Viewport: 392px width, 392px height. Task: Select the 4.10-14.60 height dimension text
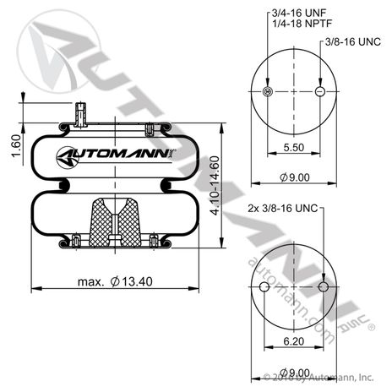(x=215, y=186)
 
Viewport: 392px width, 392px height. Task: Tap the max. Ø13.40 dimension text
(x=115, y=281)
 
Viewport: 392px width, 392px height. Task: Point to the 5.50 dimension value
(x=294, y=147)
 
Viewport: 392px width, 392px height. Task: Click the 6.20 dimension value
(x=294, y=341)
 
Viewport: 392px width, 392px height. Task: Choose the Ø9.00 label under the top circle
(x=295, y=177)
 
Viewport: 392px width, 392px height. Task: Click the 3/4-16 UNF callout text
(x=299, y=13)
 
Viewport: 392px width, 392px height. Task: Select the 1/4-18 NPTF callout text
(x=302, y=23)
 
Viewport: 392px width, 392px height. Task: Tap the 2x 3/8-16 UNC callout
(x=283, y=209)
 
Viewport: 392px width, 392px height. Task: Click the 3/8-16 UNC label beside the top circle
(x=353, y=42)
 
